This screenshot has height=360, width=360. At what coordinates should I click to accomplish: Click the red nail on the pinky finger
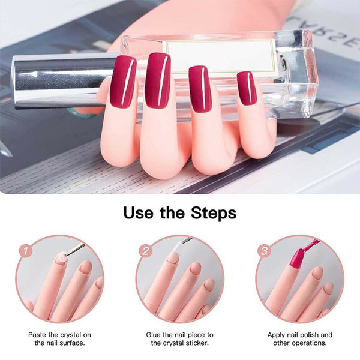pyautogui.click(x=246, y=88)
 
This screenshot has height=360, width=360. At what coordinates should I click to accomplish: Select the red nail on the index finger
pyautogui.click(x=123, y=80)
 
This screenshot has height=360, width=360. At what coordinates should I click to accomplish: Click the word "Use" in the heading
pyautogui.click(x=142, y=212)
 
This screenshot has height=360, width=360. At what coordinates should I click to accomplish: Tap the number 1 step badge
pyautogui.click(x=24, y=251)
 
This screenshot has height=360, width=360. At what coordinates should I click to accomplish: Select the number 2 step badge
pyautogui.click(x=144, y=251)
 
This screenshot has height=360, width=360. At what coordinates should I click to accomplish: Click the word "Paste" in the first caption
pyautogui.click(x=40, y=334)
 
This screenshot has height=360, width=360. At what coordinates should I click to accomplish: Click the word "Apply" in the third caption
pyautogui.click(x=278, y=334)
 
